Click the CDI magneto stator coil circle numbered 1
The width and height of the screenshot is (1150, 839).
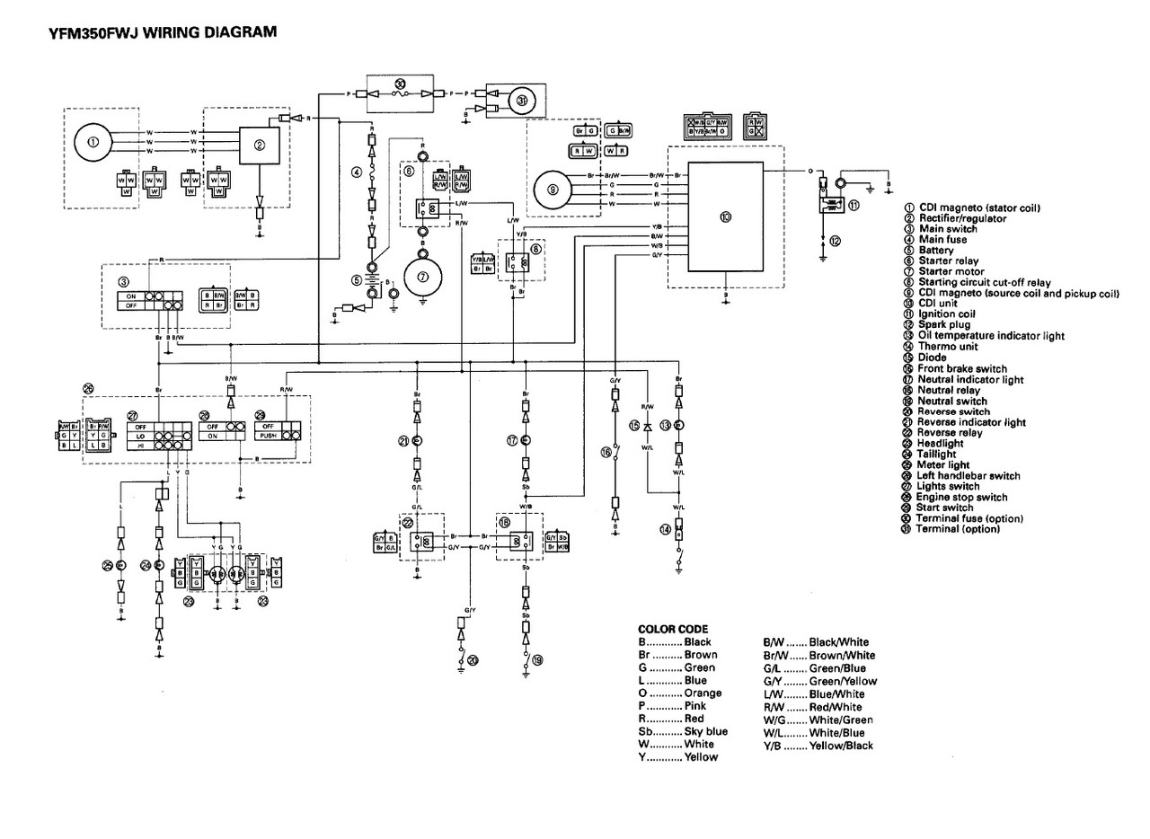[93, 142]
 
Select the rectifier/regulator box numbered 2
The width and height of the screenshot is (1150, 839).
[259, 146]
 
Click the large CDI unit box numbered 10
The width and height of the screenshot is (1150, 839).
[725, 216]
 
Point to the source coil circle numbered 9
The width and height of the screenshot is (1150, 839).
[553, 189]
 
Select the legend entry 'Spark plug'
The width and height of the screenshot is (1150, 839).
[943, 325]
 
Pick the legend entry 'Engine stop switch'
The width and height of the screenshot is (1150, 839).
[961, 497]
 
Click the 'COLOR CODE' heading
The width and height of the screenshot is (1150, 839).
[672, 629]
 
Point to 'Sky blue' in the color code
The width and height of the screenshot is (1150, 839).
[705, 731]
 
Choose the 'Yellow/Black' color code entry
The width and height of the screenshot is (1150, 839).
[840, 746]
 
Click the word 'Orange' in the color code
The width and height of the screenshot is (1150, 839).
[703, 693]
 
